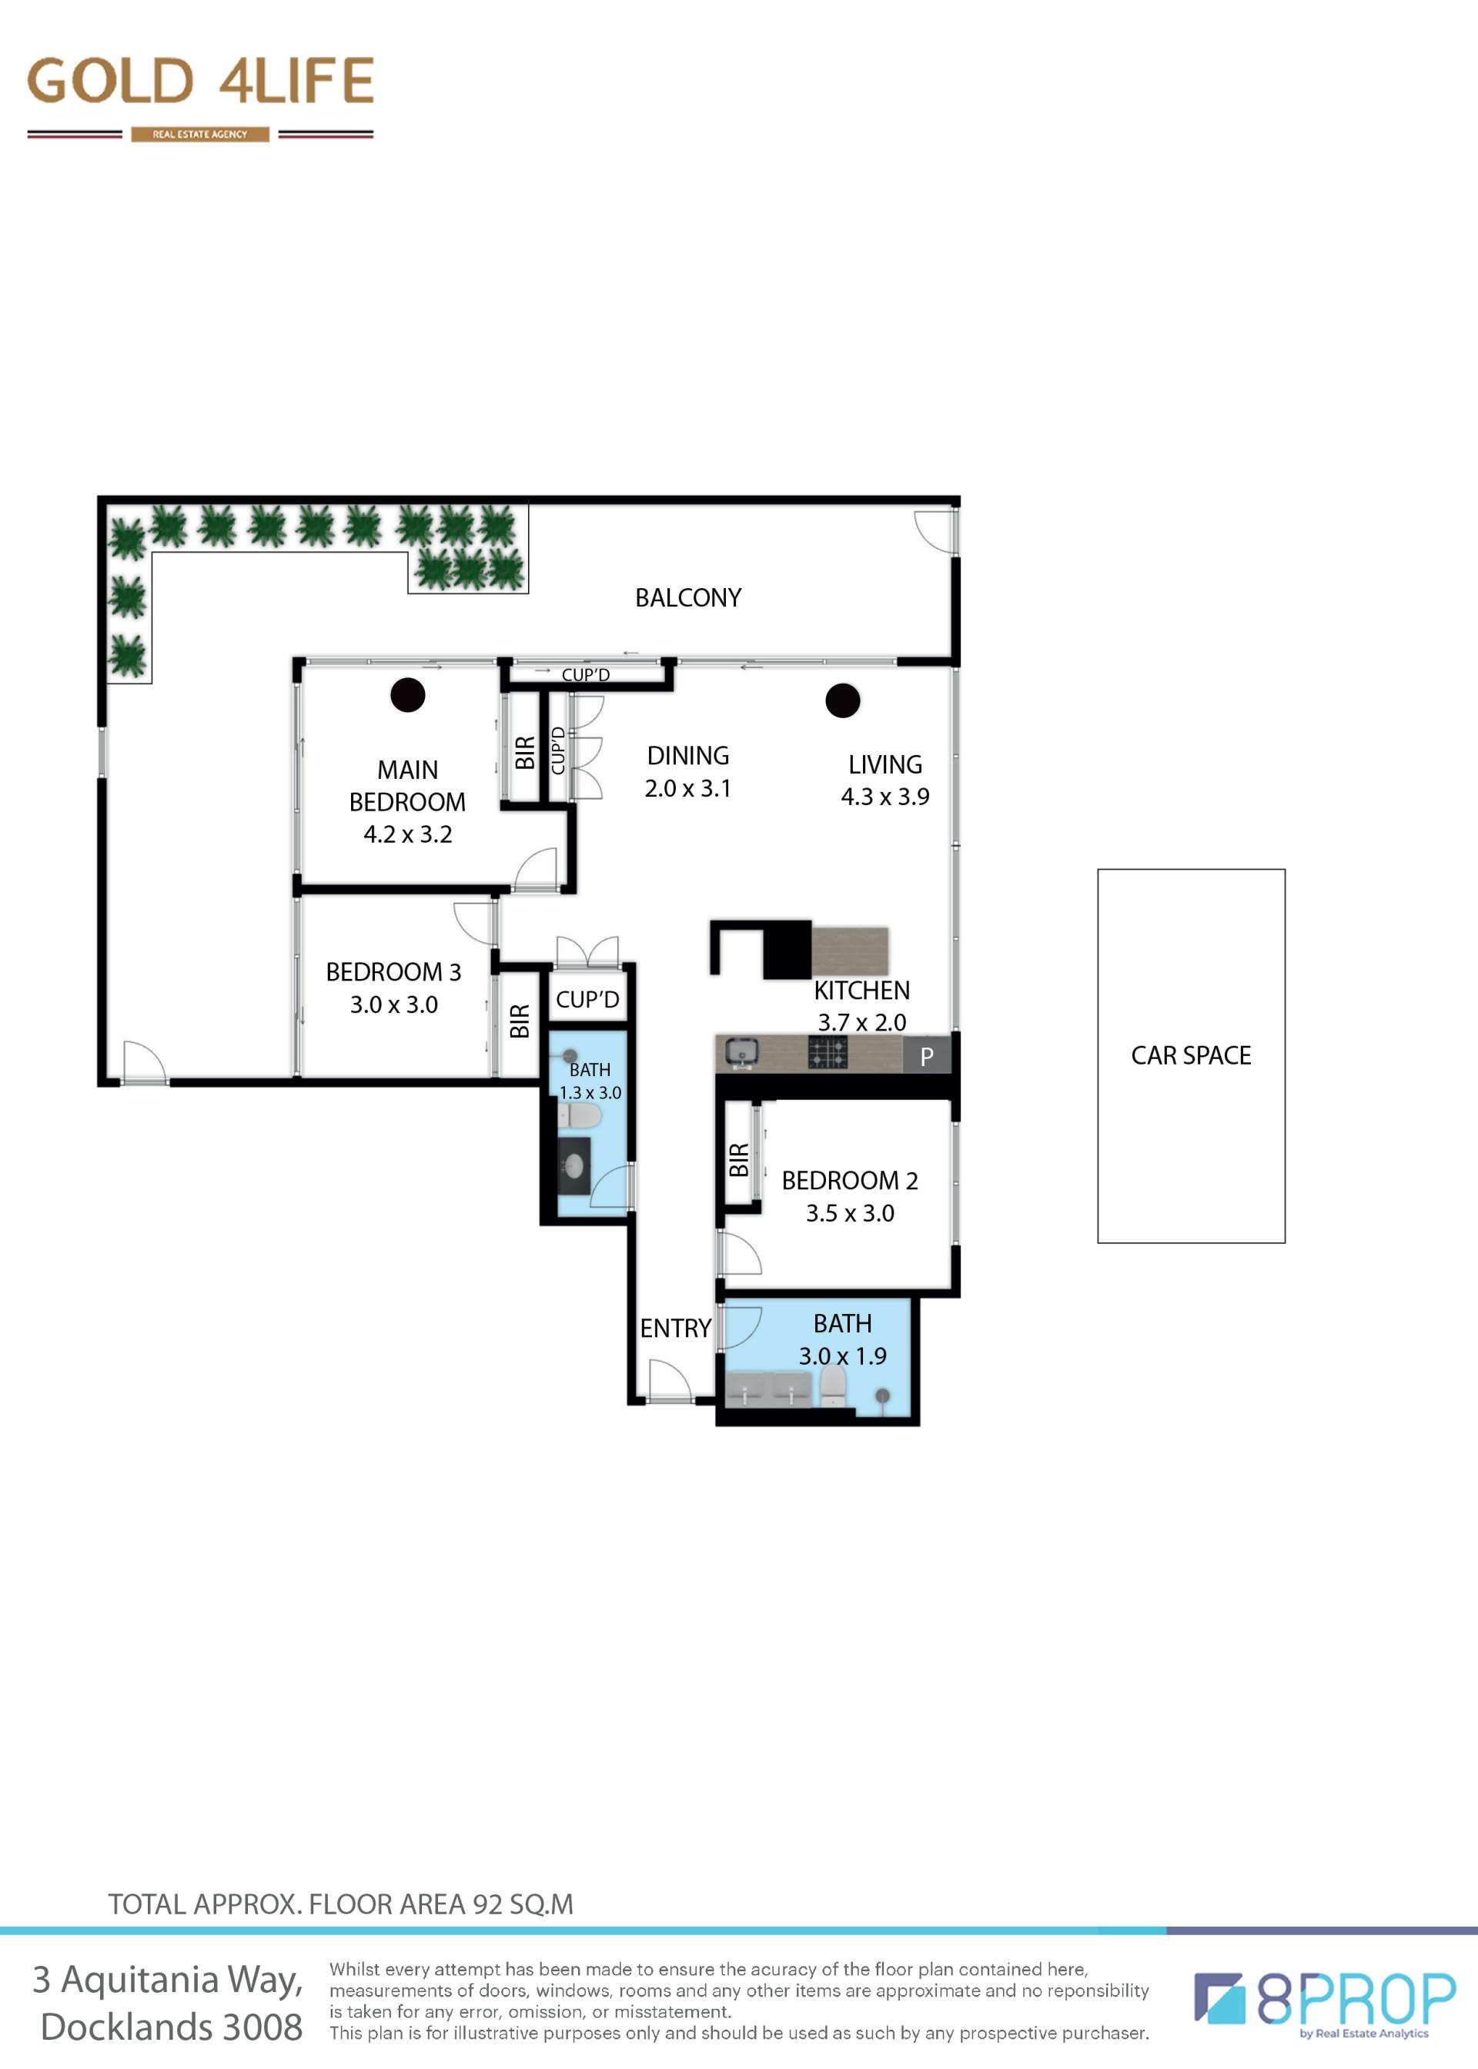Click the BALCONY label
click(688, 598)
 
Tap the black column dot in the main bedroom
click(408, 695)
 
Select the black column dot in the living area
click(843, 700)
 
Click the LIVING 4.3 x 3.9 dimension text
click(884, 796)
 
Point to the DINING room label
click(688, 755)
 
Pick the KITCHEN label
click(862, 990)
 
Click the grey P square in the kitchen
click(927, 1055)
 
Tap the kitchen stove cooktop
click(828, 1053)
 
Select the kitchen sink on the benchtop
click(743, 1053)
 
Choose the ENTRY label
click(675, 1329)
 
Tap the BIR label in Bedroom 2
click(739, 1160)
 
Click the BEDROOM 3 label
click(393, 971)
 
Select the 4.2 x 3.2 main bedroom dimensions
click(408, 834)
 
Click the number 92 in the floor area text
click(488, 1904)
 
